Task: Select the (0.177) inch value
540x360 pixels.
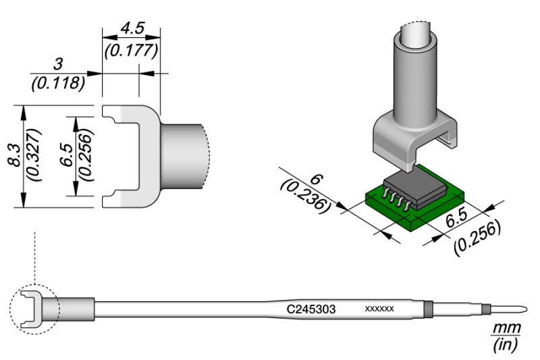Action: (131, 51)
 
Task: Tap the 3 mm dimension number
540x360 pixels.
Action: (58, 66)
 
